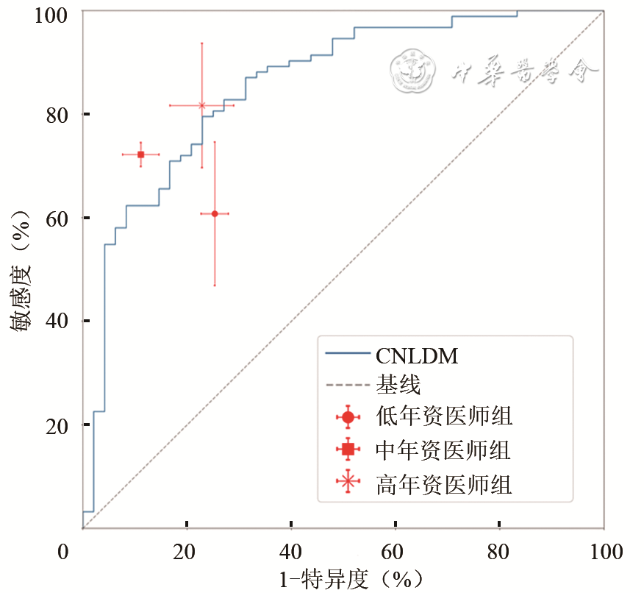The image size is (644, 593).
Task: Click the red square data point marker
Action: (x=140, y=155)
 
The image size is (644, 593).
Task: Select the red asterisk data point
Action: (x=201, y=105)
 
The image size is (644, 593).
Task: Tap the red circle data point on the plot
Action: (x=215, y=213)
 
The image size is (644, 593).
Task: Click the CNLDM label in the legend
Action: (x=417, y=357)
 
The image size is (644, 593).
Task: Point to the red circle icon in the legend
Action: (x=348, y=417)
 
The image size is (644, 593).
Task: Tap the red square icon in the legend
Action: (x=348, y=449)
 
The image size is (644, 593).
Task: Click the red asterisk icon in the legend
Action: (x=348, y=483)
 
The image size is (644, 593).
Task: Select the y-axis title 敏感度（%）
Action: (x=22, y=270)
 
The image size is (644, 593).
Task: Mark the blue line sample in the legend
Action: (x=347, y=356)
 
